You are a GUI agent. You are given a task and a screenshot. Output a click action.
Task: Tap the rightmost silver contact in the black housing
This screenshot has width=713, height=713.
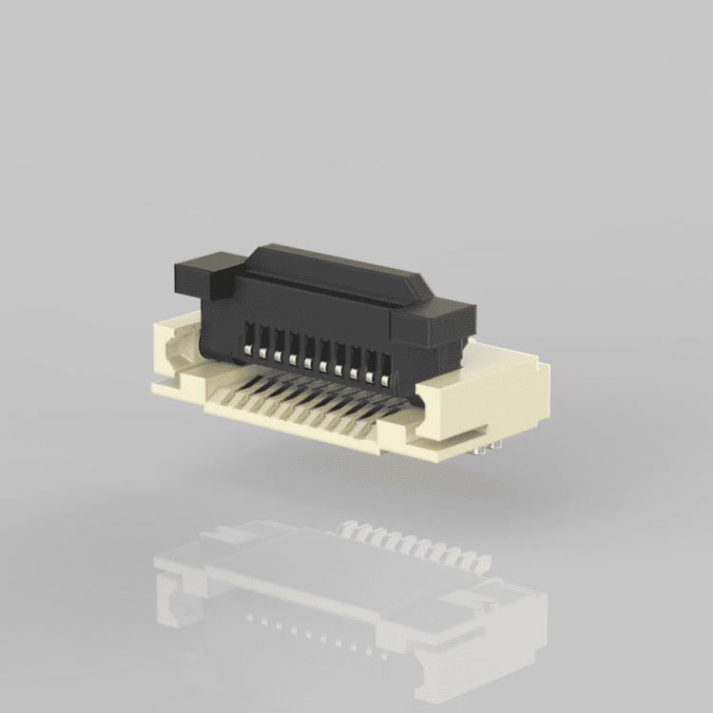point(385,380)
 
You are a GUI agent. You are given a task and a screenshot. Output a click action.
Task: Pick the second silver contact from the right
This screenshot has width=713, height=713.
point(369,377)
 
